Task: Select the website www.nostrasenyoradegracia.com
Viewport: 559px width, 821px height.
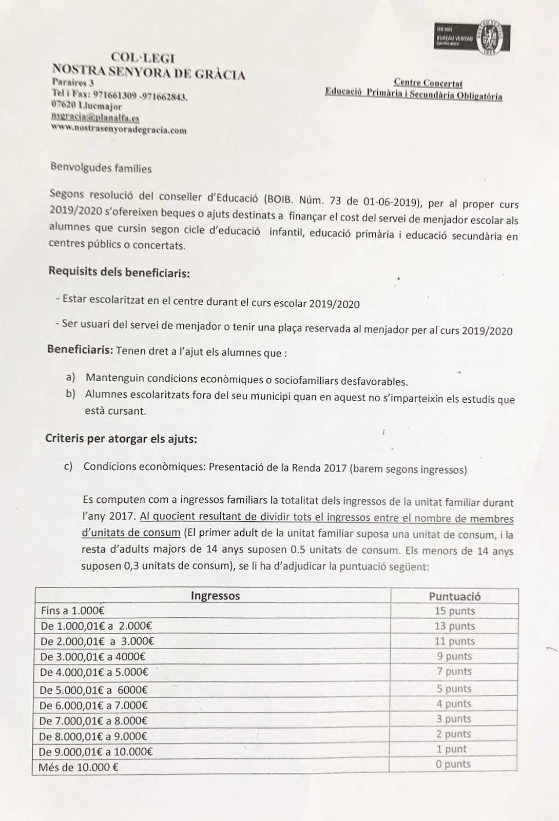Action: pyautogui.click(x=119, y=130)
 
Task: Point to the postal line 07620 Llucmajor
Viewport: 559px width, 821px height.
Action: pyautogui.click(x=87, y=106)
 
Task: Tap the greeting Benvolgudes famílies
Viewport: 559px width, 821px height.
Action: pyautogui.click(x=101, y=168)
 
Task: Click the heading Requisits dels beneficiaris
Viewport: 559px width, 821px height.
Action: pyautogui.click(x=119, y=272)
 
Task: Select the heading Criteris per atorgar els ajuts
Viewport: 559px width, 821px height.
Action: pyautogui.click(x=121, y=439)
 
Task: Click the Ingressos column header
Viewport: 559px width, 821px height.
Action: pyautogui.click(x=215, y=596)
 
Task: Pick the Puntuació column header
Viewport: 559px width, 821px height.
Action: pyautogui.click(x=454, y=596)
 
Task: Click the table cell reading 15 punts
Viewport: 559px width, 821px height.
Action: pyautogui.click(x=454, y=611)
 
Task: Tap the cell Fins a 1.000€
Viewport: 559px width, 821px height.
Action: pyautogui.click(x=72, y=611)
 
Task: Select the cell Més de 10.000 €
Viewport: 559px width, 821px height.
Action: pyautogui.click(x=79, y=768)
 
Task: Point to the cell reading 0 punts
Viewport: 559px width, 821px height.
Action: pyautogui.click(x=453, y=764)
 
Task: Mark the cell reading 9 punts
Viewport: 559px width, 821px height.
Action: pyautogui.click(x=454, y=656)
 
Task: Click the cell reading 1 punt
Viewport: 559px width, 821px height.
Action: pyautogui.click(x=452, y=749)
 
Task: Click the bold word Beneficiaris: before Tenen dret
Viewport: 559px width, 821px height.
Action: pyautogui.click(x=80, y=350)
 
